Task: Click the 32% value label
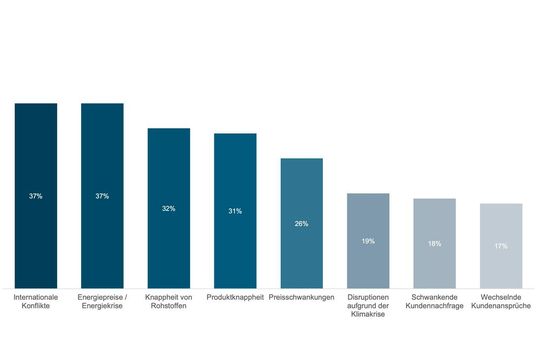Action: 168,208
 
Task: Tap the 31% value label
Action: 235,211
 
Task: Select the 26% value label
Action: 301,223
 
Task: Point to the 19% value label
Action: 368,241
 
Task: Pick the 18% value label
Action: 434,243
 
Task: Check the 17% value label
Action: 501,246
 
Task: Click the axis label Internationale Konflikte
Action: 36,302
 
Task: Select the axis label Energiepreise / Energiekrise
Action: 102,302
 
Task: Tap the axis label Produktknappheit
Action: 235,297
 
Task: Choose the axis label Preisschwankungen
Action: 301,297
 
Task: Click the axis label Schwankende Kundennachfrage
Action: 434,302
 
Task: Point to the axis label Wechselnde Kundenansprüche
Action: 501,302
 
